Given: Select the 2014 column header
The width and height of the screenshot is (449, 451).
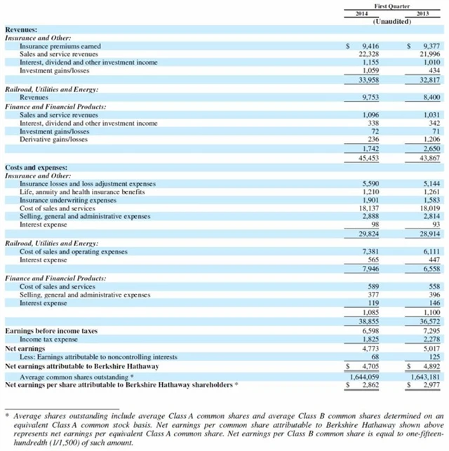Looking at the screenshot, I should click(x=362, y=14).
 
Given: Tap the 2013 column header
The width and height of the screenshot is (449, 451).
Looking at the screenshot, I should click(x=422, y=14).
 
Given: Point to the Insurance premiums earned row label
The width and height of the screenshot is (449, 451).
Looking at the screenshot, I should click(x=60, y=46).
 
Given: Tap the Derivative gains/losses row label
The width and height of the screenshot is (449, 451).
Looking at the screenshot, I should click(x=54, y=139).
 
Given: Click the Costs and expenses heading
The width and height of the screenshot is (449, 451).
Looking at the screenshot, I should click(x=36, y=168).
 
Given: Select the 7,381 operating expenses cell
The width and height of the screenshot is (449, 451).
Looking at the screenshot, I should click(x=370, y=251).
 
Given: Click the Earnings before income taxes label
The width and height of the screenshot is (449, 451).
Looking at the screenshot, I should click(x=51, y=330).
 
